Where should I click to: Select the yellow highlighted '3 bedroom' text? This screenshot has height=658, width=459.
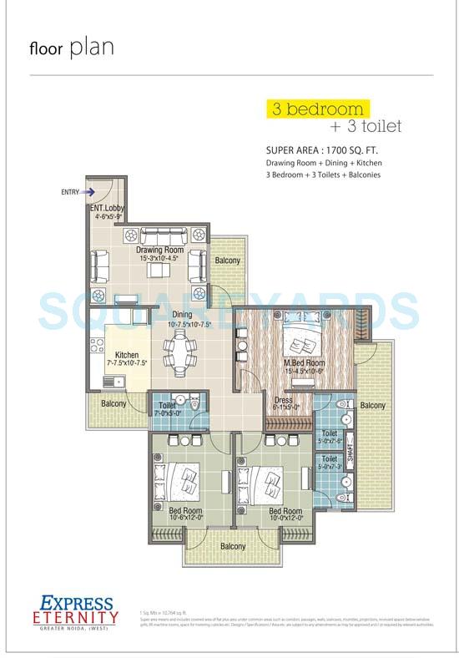315,109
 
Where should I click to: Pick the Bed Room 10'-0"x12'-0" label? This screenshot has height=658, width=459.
285,515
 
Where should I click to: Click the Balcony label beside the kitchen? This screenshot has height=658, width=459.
113,404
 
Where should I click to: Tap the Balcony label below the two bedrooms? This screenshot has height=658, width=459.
233,546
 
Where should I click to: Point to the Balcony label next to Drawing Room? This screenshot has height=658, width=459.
227,261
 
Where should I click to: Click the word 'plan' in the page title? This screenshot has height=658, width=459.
92,48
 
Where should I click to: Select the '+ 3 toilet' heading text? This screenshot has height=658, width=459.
366,127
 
